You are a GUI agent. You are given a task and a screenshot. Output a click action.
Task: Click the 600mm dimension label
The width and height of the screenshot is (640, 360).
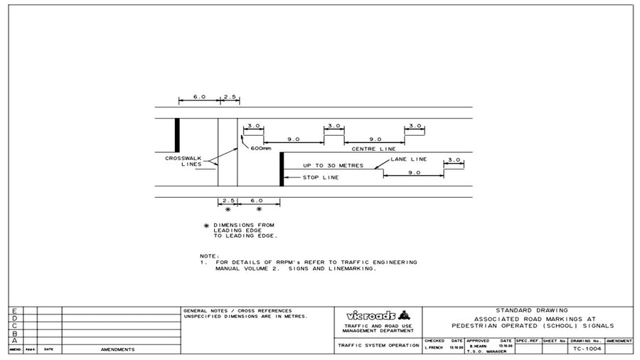(261, 149)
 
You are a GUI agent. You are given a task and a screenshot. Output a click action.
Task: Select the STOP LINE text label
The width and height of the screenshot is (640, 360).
(321, 177)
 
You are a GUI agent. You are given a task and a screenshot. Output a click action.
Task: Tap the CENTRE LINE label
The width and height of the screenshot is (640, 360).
(373, 149)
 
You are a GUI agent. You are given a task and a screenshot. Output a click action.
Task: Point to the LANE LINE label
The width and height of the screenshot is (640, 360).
(409, 159)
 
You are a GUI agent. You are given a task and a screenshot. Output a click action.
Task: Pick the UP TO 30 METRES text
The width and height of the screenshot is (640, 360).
(333, 166)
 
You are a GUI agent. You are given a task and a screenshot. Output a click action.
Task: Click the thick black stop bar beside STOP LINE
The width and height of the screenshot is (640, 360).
(282, 169)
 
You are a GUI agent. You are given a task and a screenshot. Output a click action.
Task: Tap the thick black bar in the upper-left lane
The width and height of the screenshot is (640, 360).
(177, 134)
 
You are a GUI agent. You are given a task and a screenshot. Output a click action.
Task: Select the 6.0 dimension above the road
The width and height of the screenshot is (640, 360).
(199, 96)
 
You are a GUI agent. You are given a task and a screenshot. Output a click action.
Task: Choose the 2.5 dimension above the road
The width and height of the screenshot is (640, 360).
(229, 96)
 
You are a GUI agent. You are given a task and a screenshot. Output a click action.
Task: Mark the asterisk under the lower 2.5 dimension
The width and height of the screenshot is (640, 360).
(228, 210)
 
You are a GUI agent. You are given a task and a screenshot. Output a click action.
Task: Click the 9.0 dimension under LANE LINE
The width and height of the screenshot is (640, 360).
(414, 172)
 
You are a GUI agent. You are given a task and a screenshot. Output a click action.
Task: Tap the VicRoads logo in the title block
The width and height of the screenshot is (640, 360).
(378, 315)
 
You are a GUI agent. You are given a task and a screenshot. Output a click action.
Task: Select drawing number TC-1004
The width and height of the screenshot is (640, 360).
(586, 349)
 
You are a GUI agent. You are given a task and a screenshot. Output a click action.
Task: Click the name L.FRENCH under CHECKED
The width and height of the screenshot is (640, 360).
(434, 348)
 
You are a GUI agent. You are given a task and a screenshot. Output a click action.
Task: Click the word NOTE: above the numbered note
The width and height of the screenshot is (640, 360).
(210, 255)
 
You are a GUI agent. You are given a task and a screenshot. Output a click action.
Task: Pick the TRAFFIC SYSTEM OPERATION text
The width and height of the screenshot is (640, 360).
(377, 345)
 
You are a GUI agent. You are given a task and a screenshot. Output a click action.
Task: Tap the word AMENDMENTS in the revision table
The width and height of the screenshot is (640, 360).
(117, 349)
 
